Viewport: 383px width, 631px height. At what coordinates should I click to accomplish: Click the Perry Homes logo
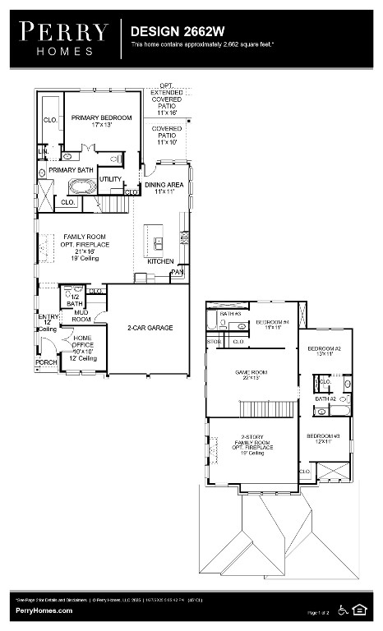click(x=63, y=38)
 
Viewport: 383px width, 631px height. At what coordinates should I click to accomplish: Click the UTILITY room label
click(x=109, y=178)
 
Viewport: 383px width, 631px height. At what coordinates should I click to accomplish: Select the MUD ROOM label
click(x=81, y=315)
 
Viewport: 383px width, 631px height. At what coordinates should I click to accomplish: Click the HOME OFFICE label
click(x=82, y=347)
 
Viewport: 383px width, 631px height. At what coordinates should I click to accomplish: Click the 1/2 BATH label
click(x=75, y=300)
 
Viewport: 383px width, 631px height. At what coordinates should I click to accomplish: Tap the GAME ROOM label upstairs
click(x=251, y=375)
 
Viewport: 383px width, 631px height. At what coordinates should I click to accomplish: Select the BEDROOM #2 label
click(x=324, y=352)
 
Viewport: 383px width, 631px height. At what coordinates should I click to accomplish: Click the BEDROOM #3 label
click(x=323, y=439)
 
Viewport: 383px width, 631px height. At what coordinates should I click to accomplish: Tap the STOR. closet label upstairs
click(x=214, y=341)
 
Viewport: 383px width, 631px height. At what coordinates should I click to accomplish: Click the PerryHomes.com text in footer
click(x=44, y=610)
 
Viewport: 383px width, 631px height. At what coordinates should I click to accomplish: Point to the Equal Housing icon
click(x=358, y=609)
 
